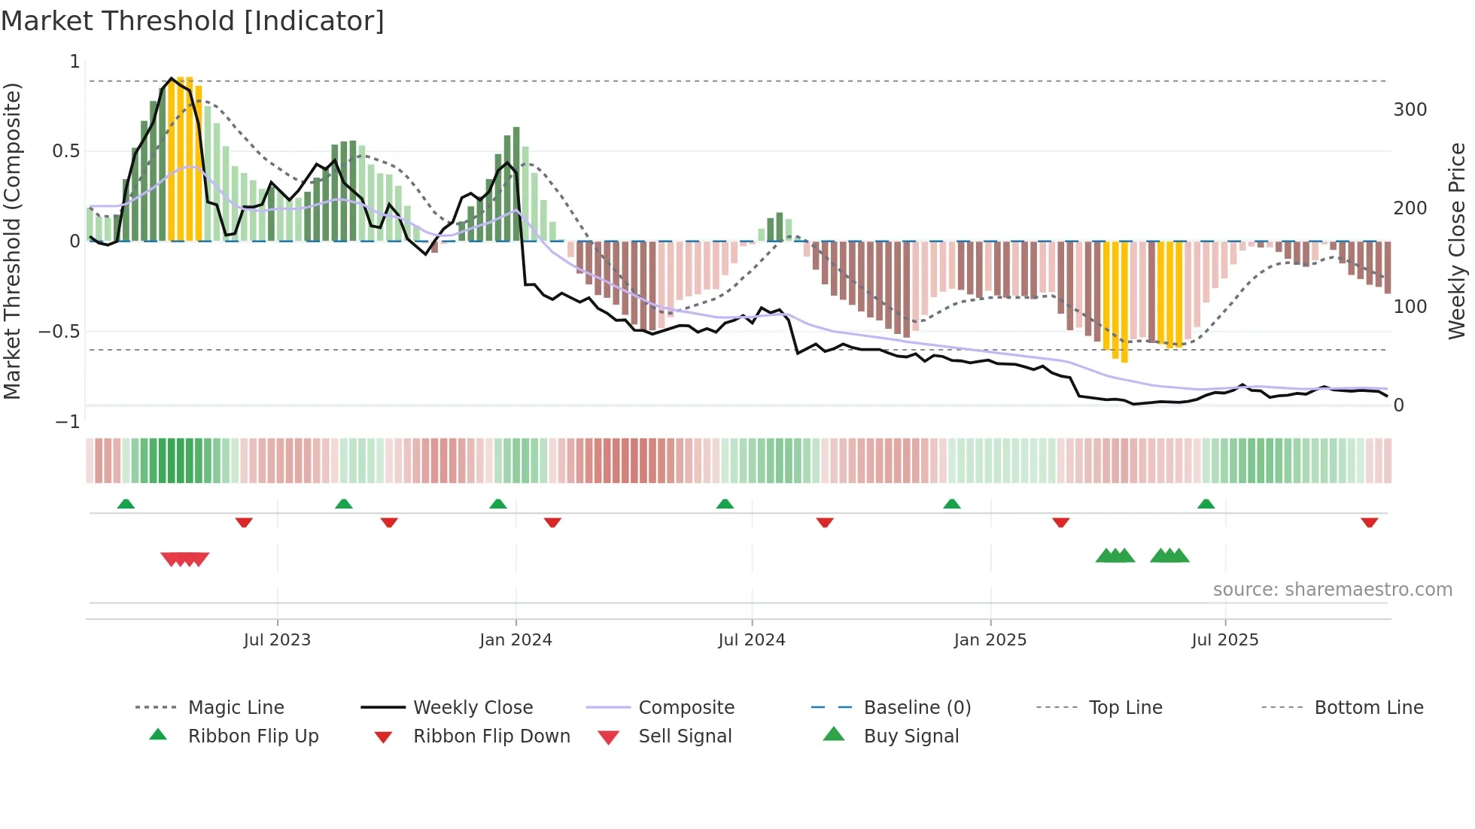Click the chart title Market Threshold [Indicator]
(193, 21)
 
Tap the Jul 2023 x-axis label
(277, 640)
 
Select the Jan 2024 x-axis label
(515, 640)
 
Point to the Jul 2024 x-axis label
(752, 640)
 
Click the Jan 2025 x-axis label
(990, 640)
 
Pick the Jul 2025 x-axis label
(1224, 640)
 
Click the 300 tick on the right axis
(1410, 110)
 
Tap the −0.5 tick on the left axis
(59, 332)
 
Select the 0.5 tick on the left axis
(65, 151)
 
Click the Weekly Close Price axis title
(1457, 241)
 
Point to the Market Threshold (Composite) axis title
(12, 241)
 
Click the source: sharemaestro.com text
(1332, 590)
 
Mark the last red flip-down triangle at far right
(1369, 522)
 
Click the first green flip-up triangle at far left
(126, 504)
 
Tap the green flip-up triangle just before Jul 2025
(1206, 504)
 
